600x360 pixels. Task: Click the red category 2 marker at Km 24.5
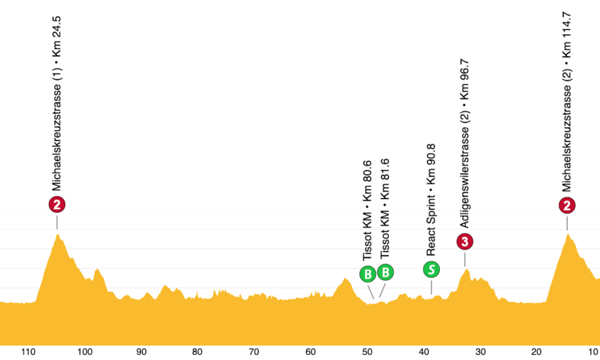(x=57, y=205)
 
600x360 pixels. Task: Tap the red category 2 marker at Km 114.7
(x=567, y=206)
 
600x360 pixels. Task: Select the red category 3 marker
(x=465, y=242)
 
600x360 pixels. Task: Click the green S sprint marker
(x=431, y=269)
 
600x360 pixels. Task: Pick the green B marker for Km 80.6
(x=367, y=274)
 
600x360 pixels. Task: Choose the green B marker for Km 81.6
(x=386, y=272)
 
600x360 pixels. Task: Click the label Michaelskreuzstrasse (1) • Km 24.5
(x=57, y=102)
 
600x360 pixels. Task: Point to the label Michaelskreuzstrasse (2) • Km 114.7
(x=567, y=102)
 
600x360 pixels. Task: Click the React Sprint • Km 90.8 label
(x=431, y=200)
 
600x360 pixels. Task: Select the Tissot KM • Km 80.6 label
(x=367, y=210)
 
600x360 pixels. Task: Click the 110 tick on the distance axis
(x=28, y=352)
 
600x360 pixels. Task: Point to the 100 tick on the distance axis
(x=85, y=352)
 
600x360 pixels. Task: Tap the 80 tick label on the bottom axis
(x=197, y=352)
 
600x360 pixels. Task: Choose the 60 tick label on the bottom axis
(x=310, y=352)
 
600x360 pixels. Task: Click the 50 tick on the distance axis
(x=367, y=352)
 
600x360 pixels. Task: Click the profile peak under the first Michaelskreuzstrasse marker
(x=58, y=235)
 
